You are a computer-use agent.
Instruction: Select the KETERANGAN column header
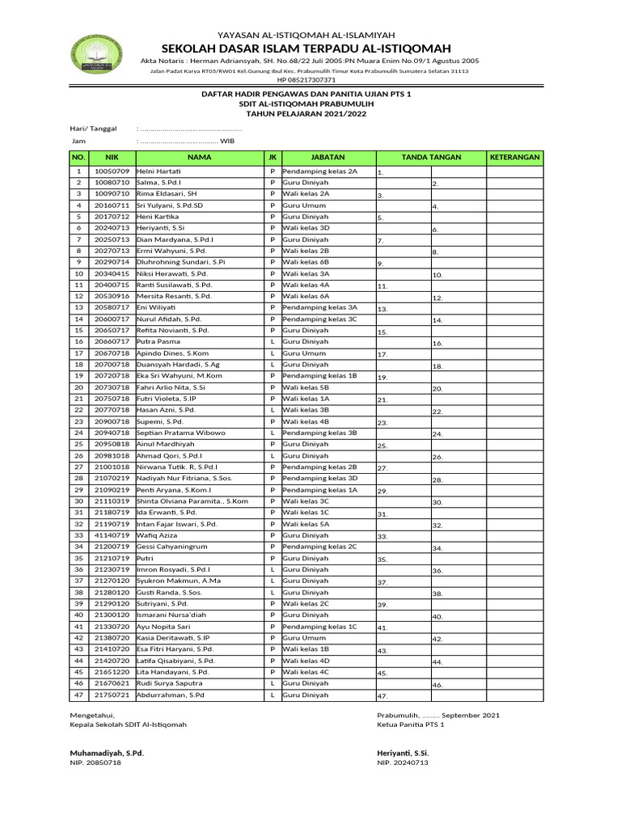514,157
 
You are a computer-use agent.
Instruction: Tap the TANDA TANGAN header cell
430,157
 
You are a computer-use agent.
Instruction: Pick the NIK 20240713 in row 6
112,229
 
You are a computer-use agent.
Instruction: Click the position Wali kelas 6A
306,297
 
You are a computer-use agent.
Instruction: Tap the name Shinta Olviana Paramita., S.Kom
192,501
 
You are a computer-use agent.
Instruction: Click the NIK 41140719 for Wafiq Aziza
112,535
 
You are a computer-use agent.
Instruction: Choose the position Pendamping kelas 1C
319,626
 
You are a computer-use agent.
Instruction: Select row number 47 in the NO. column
78,695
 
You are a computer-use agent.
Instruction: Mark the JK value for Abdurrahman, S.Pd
272,695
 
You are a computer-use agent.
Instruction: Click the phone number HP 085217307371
306,80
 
